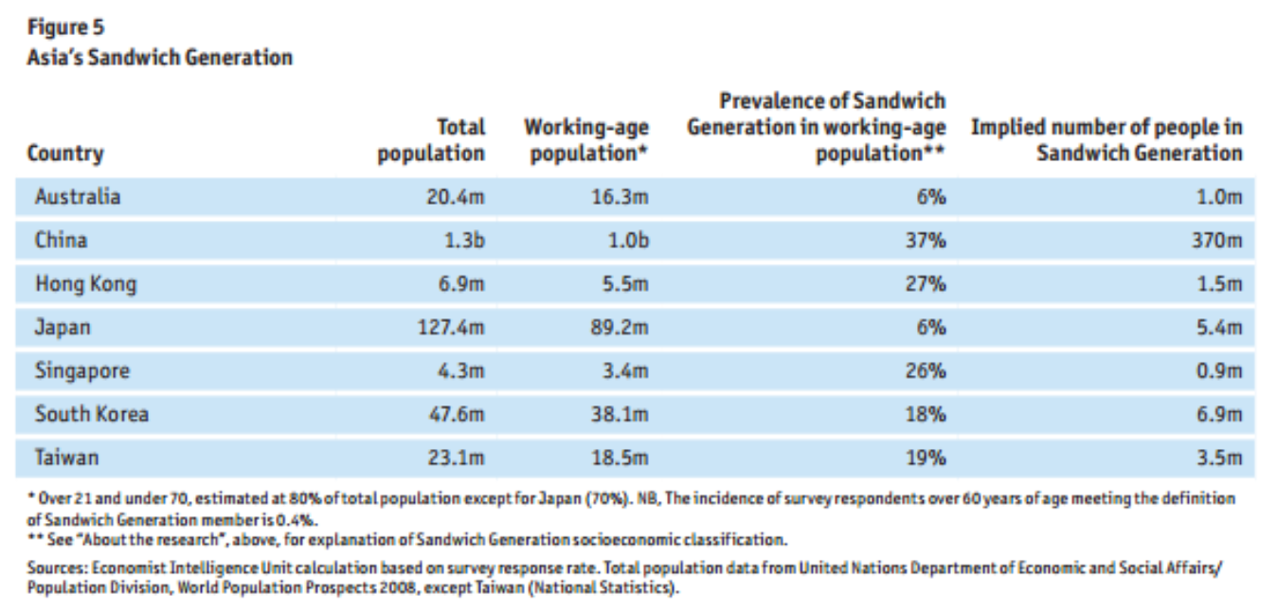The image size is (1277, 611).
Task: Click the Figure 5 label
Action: point(65,27)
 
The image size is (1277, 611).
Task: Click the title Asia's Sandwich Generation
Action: point(159,57)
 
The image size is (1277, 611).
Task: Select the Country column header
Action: point(65,153)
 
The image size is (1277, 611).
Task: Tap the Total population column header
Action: point(431,139)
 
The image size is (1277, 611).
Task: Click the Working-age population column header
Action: point(586,139)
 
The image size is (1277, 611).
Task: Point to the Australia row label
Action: point(78,197)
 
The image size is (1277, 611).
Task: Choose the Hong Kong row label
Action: point(85,284)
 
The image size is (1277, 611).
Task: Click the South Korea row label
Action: point(92,414)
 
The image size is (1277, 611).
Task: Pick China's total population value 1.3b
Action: point(464,241)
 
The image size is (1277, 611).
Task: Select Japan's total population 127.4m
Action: point(452,328)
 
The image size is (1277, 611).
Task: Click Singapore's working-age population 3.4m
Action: point(626,371)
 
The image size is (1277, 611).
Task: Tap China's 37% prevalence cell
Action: point(926,241)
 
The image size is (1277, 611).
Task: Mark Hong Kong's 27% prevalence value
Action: point(926,284)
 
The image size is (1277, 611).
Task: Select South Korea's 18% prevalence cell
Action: point(926,415)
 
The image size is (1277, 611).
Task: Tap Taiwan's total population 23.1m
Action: point(459,458)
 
